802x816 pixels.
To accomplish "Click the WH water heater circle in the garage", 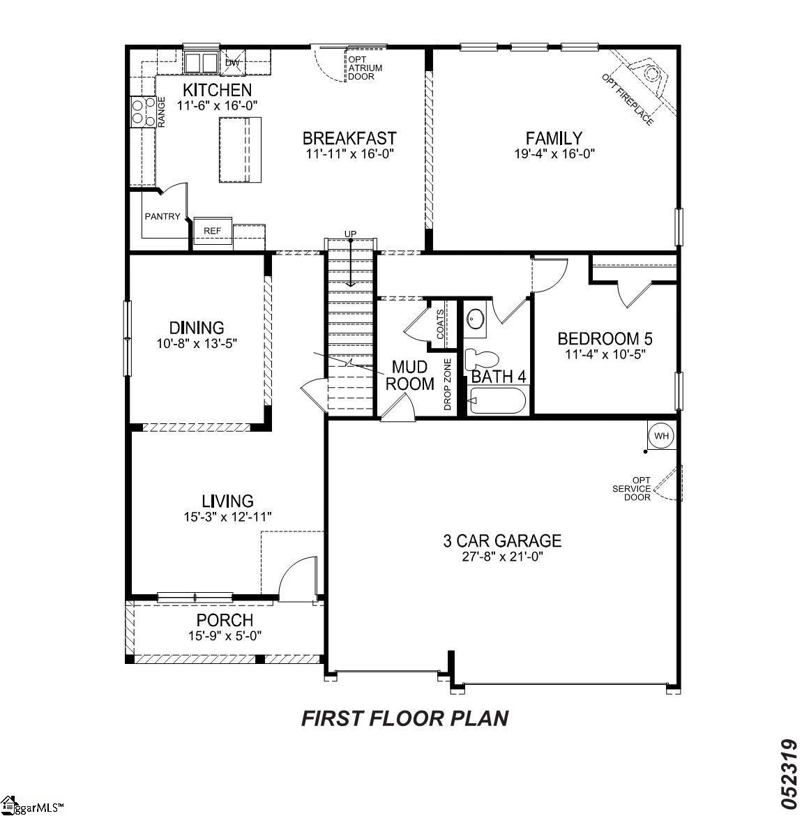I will [661, 436].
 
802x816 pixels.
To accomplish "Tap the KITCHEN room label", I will [217, 90].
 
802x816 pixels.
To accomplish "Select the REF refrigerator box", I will [212, 230].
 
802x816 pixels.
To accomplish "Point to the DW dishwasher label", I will [232, 63].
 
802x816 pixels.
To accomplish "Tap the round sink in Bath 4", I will [476, 319].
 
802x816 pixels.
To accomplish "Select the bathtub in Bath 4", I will [497, 401].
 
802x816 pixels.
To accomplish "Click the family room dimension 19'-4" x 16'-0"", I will [554, 154].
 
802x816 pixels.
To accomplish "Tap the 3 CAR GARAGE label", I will [502, 541].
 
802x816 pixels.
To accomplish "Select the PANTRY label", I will [162, 217].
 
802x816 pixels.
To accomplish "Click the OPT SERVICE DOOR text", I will [632, 488].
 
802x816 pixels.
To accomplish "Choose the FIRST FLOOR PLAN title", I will [404, 718].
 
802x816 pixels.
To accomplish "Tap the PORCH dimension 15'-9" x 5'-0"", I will [225, 636].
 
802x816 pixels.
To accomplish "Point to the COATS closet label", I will [440, 324].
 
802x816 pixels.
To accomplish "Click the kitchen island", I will [241, 150].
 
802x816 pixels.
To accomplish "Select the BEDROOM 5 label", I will [605, 339].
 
